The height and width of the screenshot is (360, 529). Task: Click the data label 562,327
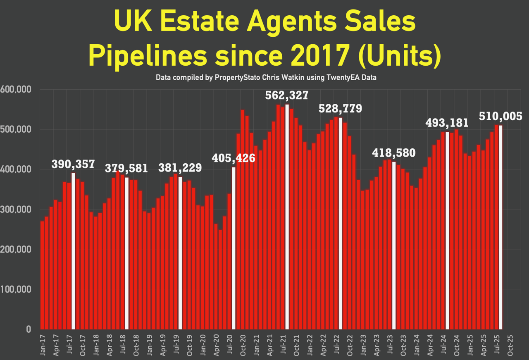(x=287, y=95)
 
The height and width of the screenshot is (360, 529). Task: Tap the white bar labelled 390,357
(x=74, y=250)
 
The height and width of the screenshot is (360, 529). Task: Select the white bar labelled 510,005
(x=501, y=227)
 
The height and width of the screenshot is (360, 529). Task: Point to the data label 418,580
(x=394, y=153)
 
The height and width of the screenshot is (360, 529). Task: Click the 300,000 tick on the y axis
(x=16, y=210)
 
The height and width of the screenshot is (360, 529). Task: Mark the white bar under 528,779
(x=341, y=224)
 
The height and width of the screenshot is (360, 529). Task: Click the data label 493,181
(x=448, y=123)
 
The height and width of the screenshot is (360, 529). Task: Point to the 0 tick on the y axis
(x=28, y=329)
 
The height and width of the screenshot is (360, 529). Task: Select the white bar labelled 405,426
(x=234, y=248)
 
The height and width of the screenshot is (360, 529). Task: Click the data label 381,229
(x=181, y=167)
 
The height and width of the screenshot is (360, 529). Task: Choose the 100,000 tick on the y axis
(x=16, y=289)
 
